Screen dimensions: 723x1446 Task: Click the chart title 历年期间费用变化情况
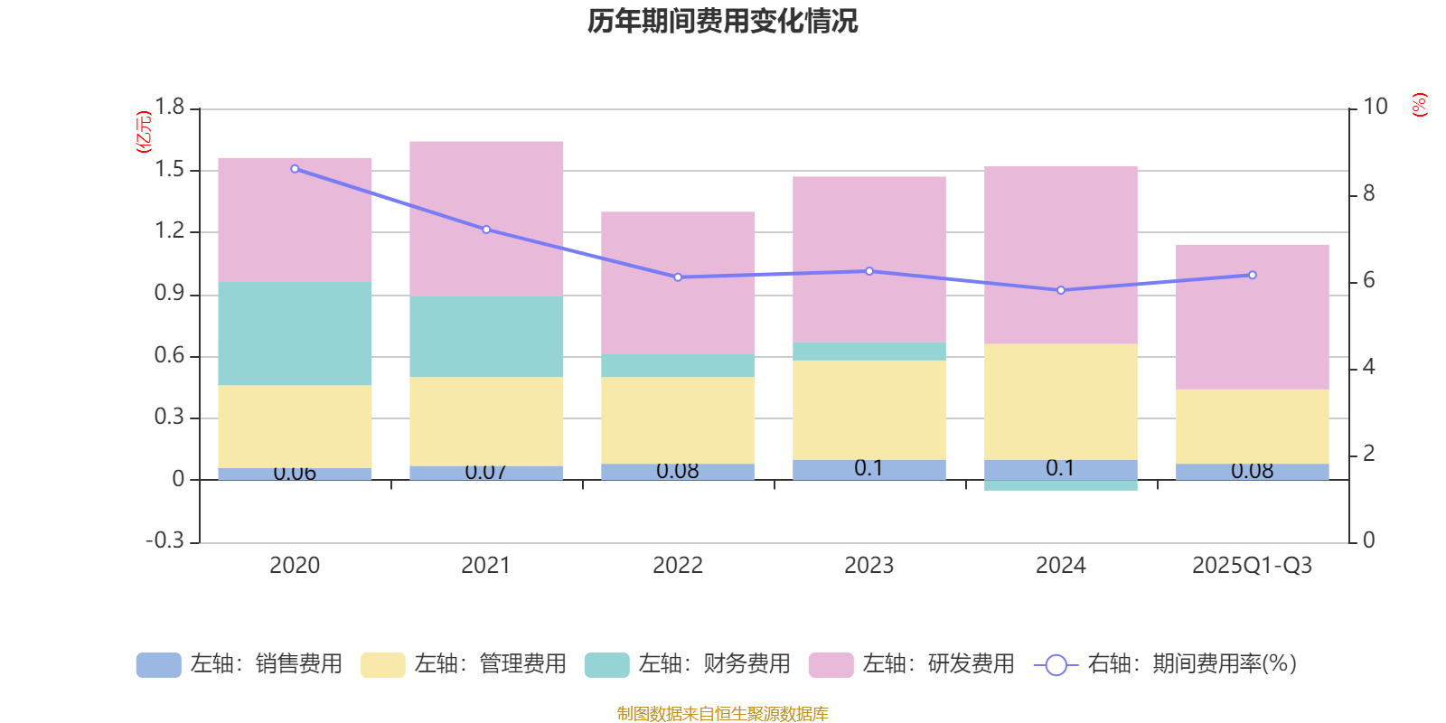722,21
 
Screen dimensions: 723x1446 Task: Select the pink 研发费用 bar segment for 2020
295,220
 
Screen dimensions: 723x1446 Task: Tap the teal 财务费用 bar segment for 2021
486,336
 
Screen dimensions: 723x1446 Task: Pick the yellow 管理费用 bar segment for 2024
1060,401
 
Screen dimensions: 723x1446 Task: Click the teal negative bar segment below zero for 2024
1060,485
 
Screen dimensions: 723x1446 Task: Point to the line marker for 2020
295,169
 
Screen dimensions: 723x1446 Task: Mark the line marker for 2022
678,277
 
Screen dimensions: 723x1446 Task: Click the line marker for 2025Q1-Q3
1252,275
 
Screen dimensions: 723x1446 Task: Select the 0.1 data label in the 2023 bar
869,468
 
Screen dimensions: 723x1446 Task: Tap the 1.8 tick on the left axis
169,108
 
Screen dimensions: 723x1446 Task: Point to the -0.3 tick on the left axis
164,540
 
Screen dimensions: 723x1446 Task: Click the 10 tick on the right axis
1375,108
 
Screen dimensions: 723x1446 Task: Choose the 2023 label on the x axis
869,566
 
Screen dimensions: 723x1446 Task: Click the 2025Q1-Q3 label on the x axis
1252,566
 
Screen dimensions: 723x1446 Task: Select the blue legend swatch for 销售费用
158,664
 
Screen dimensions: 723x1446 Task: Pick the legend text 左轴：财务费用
714,664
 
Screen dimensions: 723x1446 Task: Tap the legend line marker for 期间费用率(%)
1056,664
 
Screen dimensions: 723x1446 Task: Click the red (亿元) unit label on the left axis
143,132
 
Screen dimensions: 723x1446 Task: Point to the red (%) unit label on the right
1419,105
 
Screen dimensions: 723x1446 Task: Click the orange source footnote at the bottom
722,714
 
